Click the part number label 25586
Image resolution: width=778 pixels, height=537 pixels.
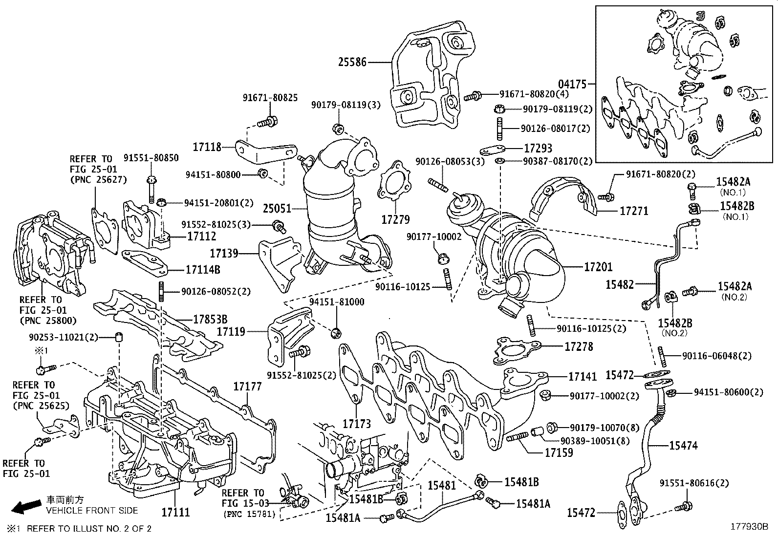click(x=352, y=62)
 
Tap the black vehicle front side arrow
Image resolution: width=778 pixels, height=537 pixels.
click(x=26, y=506)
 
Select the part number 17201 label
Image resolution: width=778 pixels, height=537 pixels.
click(x=598, y=267)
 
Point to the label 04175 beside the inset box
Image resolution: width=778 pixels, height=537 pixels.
click(x=572, y=84)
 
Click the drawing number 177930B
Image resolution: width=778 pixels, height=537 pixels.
click(x=749, y=527)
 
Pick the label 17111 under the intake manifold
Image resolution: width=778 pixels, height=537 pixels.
click(x=176, y=513)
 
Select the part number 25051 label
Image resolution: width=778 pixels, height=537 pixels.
click(x=277, y=209)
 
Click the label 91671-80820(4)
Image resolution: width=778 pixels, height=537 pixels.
click(x=534, y=94)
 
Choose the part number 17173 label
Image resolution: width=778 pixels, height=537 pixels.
click(x=357, y=424)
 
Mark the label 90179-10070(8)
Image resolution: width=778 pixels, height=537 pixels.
click(x=605, y=428)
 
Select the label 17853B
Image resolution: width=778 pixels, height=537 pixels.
click(x=210, y=319)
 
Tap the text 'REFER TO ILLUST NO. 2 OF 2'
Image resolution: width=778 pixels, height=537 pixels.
click(x=89, y=529)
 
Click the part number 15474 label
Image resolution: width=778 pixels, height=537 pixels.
click(x=683, y=445)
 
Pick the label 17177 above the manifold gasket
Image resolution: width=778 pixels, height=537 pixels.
click(x=247, y=386)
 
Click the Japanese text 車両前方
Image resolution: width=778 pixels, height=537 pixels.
click(x=65, y=500)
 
